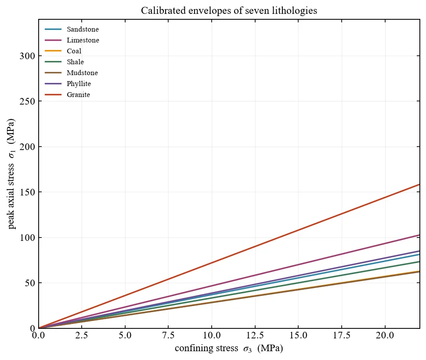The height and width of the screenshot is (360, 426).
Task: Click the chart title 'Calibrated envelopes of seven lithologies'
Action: tap(229, 11)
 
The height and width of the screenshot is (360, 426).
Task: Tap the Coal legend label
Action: tap(74, 51)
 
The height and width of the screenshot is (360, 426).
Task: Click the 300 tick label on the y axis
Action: tap(27, 56)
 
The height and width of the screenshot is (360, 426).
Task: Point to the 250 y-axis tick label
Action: tap(27, 101)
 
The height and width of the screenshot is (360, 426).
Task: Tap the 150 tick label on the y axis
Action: tap(27, 192)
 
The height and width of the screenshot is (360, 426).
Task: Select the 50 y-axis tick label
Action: tap(30, 283)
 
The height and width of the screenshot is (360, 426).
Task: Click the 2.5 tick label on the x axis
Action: tap(82, 335)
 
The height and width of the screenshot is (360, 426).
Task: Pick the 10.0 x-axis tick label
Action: tap(212, 335)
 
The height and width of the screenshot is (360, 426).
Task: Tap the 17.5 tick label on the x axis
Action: tap(342, 335)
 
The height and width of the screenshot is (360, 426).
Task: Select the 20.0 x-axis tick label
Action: tap(385, 335)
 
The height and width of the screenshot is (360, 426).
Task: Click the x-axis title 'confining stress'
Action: tap(206, 348)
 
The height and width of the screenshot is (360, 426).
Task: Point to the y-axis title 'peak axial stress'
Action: tap(11, 196)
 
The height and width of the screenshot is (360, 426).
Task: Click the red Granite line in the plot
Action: tap(229, 256)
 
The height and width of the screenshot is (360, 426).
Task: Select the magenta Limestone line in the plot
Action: tap(229, 281)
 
